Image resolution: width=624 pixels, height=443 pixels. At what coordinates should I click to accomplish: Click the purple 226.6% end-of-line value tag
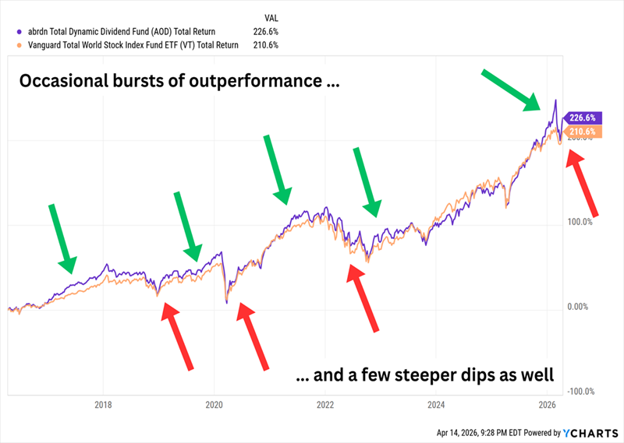581,118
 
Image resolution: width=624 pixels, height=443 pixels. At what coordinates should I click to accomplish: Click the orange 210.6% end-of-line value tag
581,132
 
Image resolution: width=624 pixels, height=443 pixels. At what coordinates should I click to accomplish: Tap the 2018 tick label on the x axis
103,404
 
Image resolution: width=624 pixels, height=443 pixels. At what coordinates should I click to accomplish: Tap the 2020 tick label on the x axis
214,404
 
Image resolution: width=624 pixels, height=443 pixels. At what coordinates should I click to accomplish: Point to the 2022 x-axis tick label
325,404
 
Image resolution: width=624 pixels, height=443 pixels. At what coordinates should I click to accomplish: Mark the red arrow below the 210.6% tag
583,182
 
